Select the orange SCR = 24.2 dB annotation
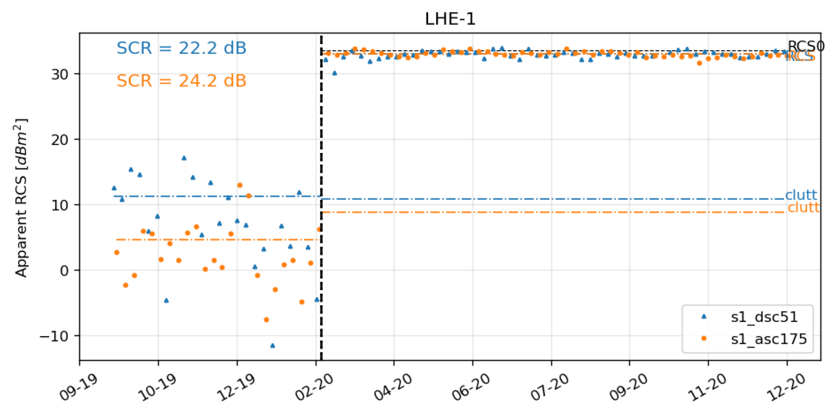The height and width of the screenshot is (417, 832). click(181, 81)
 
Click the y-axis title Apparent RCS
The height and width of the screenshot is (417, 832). click(21, 198)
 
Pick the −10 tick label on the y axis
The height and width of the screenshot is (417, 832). click(54, 336)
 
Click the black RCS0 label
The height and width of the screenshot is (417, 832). click(805, 46)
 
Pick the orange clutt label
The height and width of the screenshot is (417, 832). click(804, 208)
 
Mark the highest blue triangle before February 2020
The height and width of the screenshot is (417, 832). click(184, 158)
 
